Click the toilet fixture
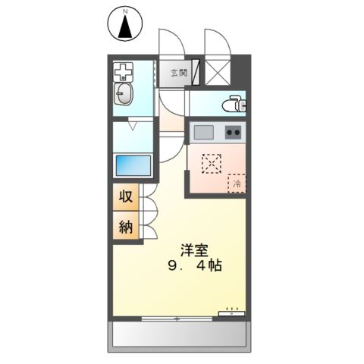pyautogui.click(x=234, y=103)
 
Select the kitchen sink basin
pyautogui.click(x=204, y=132)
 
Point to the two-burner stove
pyautogui.click(x=234, y=132)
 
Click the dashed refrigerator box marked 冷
pyautogui.click(x=237, y=182)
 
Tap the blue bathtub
pyautogui.click(x=134, y=165)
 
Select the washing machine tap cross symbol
pyautogui.click(x=123, y=74)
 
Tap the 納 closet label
pyautogui.click(x=126, y=225)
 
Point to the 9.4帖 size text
pyautogui.click(x=195, y=268)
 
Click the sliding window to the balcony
pyautogui.click(x=179, y=317)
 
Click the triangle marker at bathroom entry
pyautogui.click(x=133, y=127)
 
